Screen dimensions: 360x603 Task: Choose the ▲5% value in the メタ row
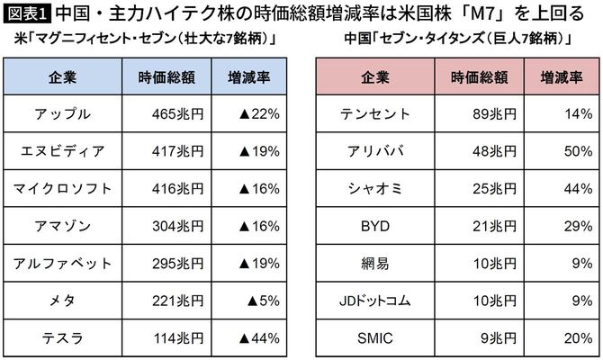265,301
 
